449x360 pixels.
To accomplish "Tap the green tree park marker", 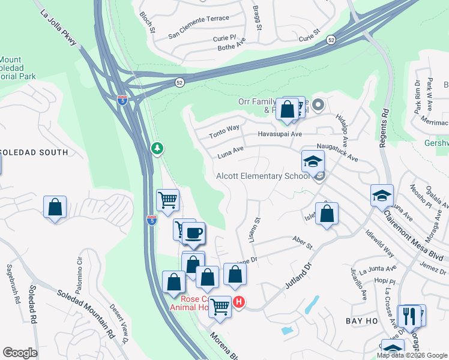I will coord(157,148).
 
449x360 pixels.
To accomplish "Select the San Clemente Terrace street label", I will coord(199,19).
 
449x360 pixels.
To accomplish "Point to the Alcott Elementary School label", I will coord(262,176).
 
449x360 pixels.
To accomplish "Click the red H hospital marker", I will coord(239,302).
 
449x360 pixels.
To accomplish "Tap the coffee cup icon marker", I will coord(193,232).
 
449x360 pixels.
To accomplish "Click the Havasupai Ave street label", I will coord(280,134).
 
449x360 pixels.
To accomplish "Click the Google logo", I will coord(20,353).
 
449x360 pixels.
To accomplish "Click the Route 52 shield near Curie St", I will coord(331,39).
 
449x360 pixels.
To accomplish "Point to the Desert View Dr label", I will coord(119,323).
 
